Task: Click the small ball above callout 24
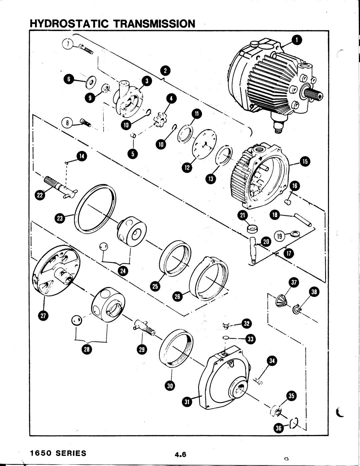click(104, 246)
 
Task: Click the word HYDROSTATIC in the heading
click(69, 24)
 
